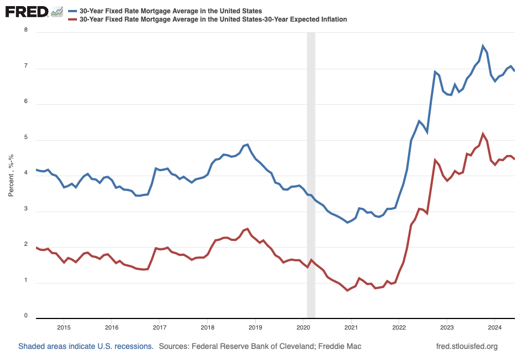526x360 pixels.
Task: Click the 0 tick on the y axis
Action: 25,316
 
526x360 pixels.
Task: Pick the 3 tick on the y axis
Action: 25,211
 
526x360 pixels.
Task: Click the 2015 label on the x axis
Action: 64,326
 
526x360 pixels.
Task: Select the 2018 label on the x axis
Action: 207,326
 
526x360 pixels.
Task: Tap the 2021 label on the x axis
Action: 351,326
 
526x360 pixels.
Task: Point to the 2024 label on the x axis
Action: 494,326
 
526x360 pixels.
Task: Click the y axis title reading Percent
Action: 11,176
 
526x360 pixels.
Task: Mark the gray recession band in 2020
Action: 311,174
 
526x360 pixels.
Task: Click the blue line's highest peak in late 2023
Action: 483,46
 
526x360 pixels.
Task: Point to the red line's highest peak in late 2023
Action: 483,133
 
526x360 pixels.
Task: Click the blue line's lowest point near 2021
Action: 347,222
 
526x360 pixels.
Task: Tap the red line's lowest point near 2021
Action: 347,290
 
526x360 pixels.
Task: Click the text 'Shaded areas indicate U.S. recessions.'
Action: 86,346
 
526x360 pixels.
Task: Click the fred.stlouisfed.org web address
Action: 467,346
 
